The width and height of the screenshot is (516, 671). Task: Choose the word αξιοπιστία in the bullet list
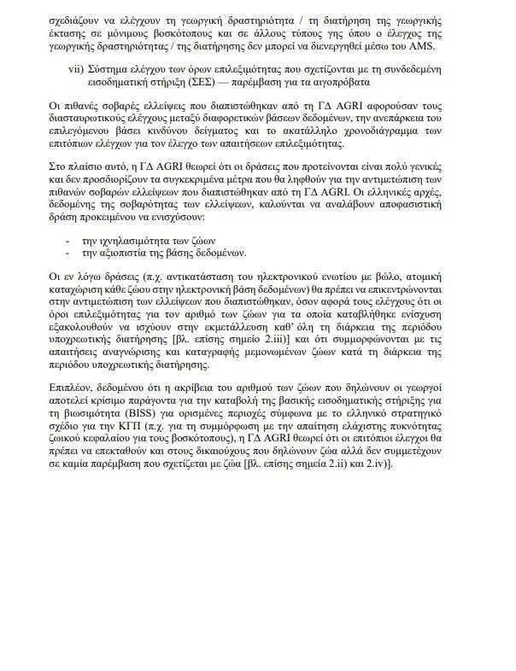(x=129, y=254)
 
